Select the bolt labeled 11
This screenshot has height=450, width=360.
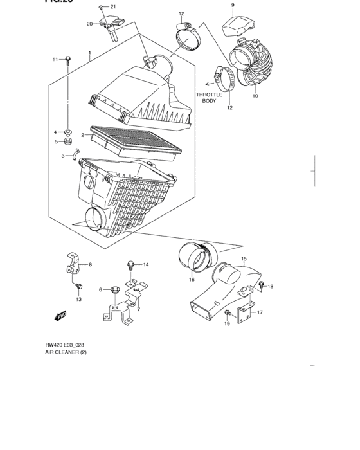coord(67,60)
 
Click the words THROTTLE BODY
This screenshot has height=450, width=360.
coord(210,98)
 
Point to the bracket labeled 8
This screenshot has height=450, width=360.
coord(73,264)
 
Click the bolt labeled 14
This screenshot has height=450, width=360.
coord(130,264)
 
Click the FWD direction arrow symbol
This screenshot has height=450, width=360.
coord(62,315)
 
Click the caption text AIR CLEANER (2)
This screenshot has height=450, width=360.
coord(68,353)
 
